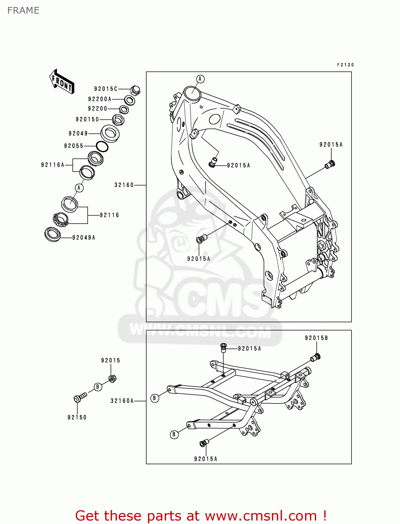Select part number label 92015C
click(x=106, y=89)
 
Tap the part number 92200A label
click(x=99, y=99)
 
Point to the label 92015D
click(x=87, y=119)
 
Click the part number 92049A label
click(x=84, y=238)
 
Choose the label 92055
click(x=74, y=146)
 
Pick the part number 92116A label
click(x=53, y=165)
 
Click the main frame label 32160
click(x=124, y=185)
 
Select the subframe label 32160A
click(x=122, y=401)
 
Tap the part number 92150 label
click(x=77, y=417)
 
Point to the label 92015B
click(x=316, y=338)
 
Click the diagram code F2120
click(x=345, y=65)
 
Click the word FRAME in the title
click(x=23, y=10)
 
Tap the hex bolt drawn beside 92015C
click(x=135, y=90)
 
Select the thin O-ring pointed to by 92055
click(x=102, y=147)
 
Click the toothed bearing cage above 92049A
click(x=60, y=219)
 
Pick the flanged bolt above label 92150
click(x=80, y=398)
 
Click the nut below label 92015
click(x=112, y=378)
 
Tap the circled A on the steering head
click(x=200, y=79)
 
